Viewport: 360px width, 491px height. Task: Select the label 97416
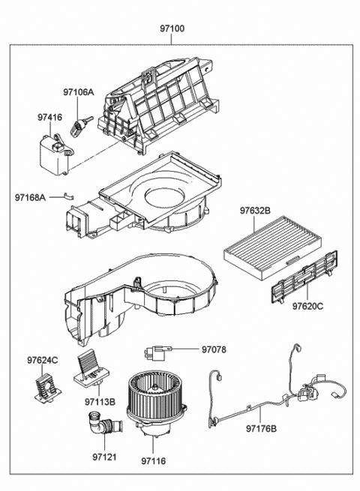pyautogui.click(x=50, y=117)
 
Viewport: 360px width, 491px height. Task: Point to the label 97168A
pyautogui.click(x=31, y=197)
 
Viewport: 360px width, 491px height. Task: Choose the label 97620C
pyautogui.click(x=307, y=307)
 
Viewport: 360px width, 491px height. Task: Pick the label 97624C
pyautogui.click(x=43, y=361)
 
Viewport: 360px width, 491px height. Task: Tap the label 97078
pyautogui.click(x=212, y=349)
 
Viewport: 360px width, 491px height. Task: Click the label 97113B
pyautogui.click(x=100, y=402)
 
